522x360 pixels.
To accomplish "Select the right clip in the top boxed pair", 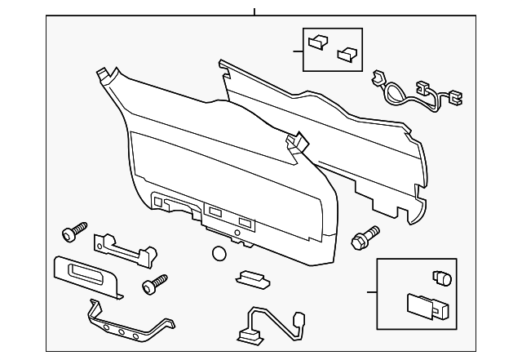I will click(347, 53).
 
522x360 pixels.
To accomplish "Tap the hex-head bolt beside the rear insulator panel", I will click(363, 238).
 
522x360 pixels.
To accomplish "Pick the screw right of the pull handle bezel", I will click(153, 286).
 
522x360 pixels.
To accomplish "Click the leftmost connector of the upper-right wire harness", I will click(378, 78).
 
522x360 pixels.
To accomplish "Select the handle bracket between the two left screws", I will click(122, 249).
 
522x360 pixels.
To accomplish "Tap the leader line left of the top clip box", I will click(298, 51).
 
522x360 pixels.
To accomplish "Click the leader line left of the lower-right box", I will click(372, 291).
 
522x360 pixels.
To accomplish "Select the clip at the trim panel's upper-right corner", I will click(296, 144).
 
